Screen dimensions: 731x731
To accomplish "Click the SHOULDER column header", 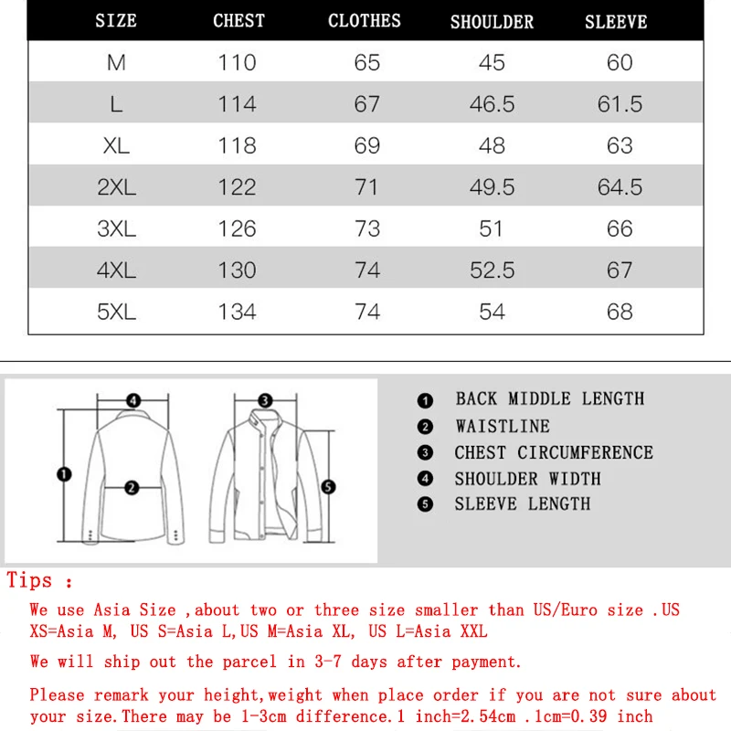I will [492, 22].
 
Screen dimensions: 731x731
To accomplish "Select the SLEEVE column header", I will [616, 22].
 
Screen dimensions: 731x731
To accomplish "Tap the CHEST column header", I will [238, 21].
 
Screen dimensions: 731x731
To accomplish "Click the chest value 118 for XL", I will [237, 145].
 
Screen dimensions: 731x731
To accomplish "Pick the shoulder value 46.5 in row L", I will [492, 104].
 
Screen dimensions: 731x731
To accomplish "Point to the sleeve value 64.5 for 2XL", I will [620, 187].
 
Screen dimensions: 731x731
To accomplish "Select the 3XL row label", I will [116, 228].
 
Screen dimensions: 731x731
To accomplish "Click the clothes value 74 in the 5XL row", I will [366, 312].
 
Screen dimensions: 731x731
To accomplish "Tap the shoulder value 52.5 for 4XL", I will [492, 270].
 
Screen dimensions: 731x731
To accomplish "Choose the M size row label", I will [116, 63].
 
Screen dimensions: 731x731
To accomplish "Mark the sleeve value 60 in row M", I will [620, 63].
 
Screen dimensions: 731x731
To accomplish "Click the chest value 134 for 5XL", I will [237, 312].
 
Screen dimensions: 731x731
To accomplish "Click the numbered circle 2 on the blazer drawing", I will [132, 488].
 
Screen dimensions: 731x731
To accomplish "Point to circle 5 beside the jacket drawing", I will [329, 487].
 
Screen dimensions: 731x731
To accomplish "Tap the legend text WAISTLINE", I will [503, 426].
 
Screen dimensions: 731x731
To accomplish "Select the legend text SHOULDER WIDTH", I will [527, 479].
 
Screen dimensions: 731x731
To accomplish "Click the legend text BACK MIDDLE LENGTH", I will [549, 398].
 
